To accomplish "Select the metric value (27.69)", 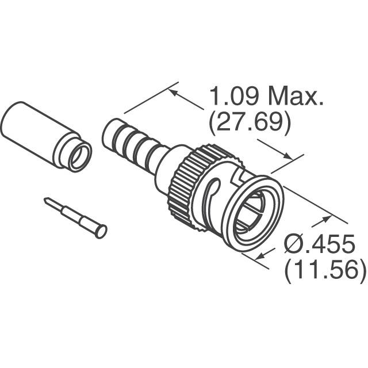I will (248, 122).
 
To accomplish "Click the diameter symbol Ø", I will (296, 246).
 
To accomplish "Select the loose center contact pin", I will (75, 217).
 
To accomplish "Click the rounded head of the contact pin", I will (101, 231).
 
